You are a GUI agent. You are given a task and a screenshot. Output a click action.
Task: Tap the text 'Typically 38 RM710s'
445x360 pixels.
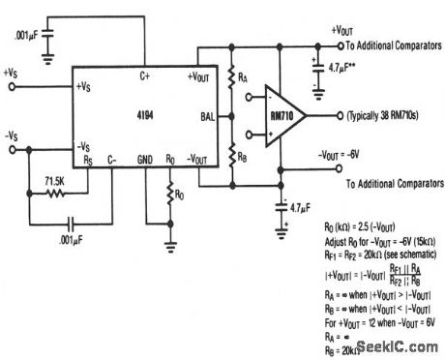click(383, 116)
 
